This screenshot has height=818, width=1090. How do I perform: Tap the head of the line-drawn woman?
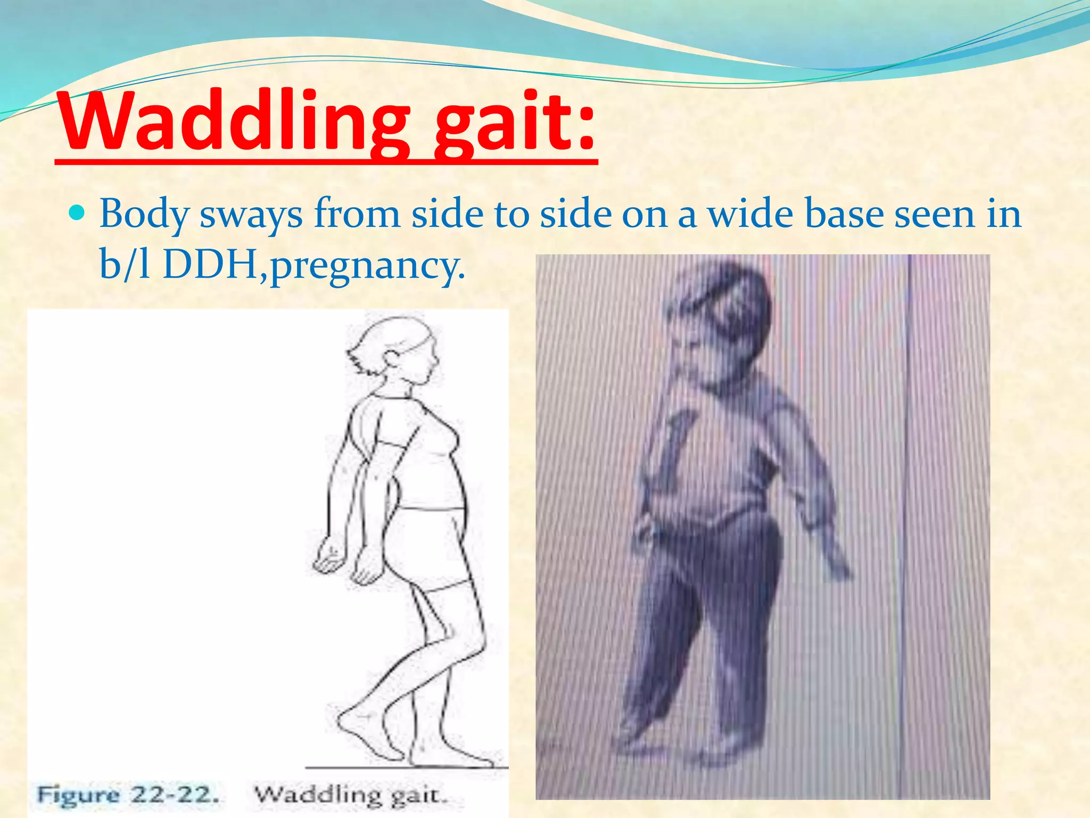coord(397,351)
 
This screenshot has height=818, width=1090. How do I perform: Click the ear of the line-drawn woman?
coord(393,360)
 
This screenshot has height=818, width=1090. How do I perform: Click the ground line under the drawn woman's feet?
coord(404,767)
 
